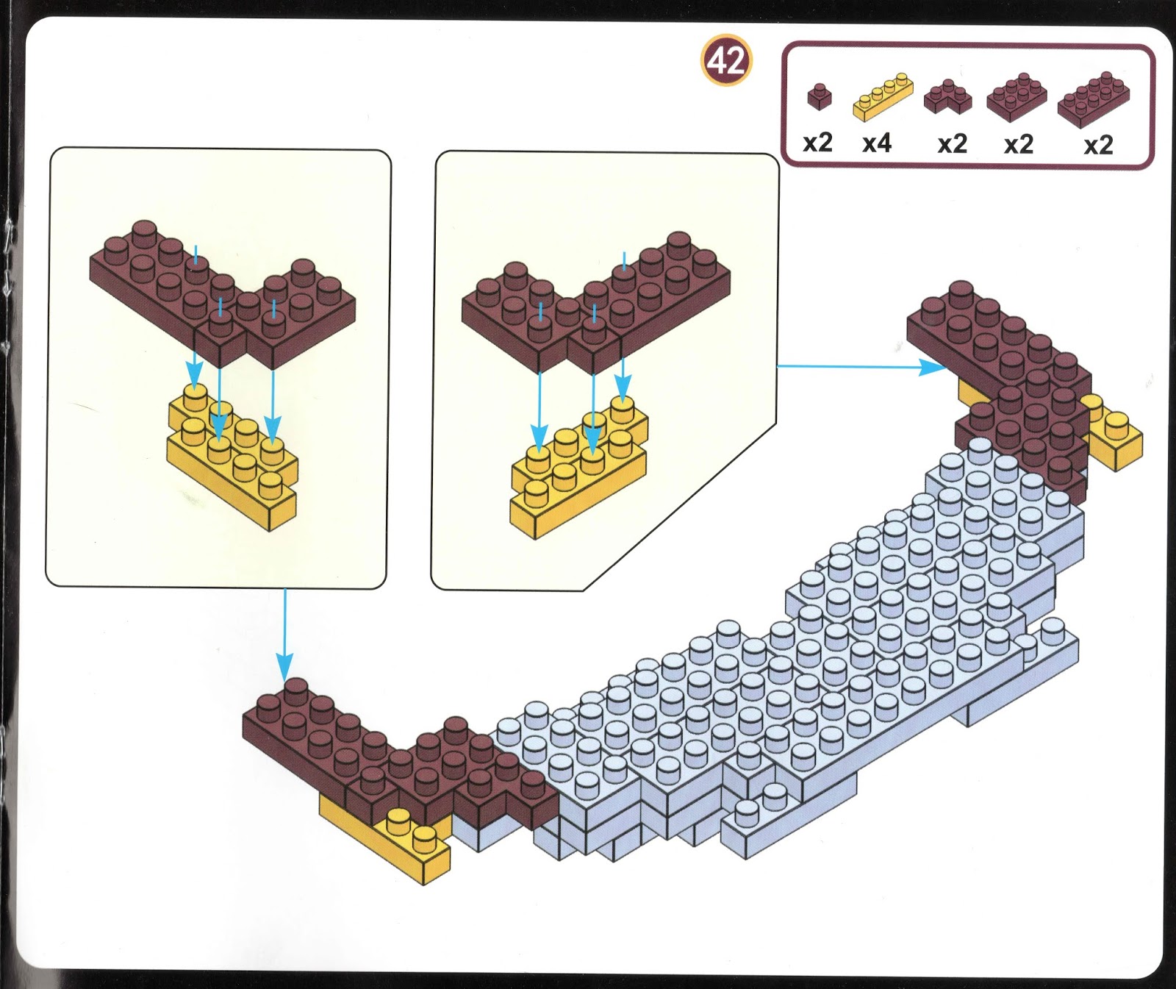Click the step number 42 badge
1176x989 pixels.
726,60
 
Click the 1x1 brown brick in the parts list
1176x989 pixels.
819,96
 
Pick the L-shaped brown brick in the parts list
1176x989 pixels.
948,97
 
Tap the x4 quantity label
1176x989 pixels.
877,143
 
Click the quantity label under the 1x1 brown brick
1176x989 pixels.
817,143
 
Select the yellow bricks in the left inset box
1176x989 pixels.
232,460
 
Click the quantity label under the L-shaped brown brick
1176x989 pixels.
953,143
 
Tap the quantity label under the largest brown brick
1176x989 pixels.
1098,144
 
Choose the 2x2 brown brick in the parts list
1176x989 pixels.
1017,98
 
